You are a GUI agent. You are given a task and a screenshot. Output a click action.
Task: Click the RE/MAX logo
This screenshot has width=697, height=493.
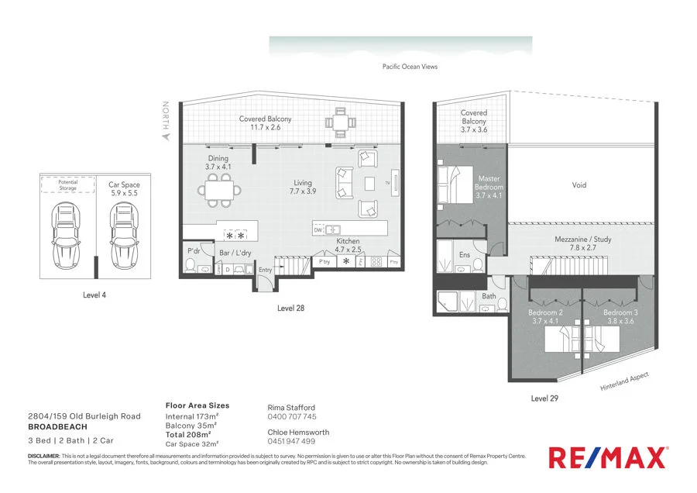pyautogui.click(x=608, y=457)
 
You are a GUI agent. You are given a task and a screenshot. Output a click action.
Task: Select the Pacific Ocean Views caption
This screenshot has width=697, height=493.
pyautogui.click(x=410, y=67)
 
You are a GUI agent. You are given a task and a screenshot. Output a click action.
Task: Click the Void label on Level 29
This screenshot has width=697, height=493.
pyautogui.click(x=579, y=185)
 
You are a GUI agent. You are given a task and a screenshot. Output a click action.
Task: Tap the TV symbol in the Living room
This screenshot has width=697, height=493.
pyautogui.click(x=396, y=184)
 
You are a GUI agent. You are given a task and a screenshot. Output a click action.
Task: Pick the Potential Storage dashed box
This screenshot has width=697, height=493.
pyautogui.click(x=67, y=184)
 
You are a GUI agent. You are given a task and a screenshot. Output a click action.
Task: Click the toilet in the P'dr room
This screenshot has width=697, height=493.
pyautogui.click(x=189, y=266)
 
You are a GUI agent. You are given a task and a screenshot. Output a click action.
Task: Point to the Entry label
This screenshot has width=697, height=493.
pyautogui.click(x=266, y=270)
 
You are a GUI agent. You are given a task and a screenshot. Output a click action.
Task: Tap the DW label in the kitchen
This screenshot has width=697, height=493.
pyautogui.click(x=318, y=229)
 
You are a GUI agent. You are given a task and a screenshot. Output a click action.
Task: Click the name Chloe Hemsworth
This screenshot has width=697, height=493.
pyautogui.click(x=297, y=433)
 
